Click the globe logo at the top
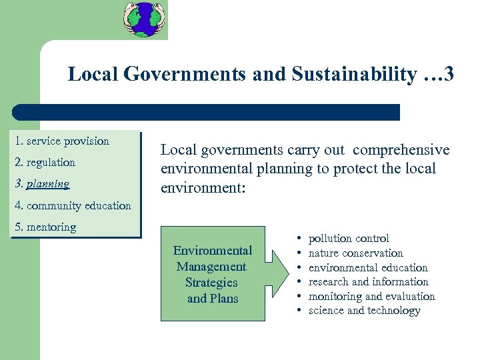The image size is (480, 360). (x=145, y=19)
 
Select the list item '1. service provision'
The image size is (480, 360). (x=61, y=141)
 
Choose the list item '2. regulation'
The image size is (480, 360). (x=45, y=163)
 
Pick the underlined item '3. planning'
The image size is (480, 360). (x=41, y=184)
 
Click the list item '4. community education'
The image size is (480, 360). (x=73, y=205)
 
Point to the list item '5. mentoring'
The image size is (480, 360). (x=45, y=227)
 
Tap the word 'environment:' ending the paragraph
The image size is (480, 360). (x=203, y=188)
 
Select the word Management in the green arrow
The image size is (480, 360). (x=211, y=267)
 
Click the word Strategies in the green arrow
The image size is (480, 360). (x=211, y=283)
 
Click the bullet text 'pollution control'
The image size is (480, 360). (x=349, y=239)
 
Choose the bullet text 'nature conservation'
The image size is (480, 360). (x=356, y=253)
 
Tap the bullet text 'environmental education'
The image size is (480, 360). (x=368, y=268)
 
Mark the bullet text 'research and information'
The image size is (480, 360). (x=369, y=282)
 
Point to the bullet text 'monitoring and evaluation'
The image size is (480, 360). (x=372, y=297)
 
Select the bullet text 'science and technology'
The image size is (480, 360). (x=365, y=311)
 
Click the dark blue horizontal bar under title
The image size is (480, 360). (x=207, y=112)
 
